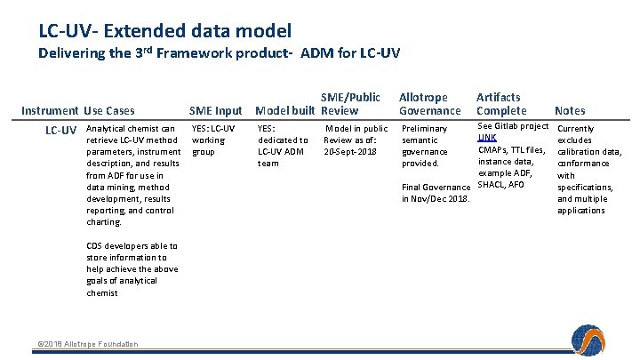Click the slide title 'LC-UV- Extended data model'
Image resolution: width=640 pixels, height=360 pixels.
pyautogui.click(x=164, y=32)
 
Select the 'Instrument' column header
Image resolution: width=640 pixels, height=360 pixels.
pyautogui.click(x=50, y=111)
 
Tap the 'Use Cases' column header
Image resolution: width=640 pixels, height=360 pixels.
pyautogui.click(x=109, y=111)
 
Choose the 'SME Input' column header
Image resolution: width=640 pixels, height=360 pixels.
pyautogui.click(x=216, y=111)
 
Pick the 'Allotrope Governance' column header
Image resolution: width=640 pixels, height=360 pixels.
pyautogui.click(x=430, y=104)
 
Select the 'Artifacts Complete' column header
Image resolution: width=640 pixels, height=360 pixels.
pyautogui.click(x=501, y=104)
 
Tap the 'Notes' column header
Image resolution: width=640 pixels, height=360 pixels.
pyautogui.click(x=570, y=111)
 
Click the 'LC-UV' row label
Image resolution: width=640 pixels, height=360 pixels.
pyautogui.click(x=60, y=131)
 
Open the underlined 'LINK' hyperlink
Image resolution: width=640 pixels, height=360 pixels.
pyautogui.click(x=487, y=138)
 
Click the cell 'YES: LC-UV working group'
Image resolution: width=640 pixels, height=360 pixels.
pyautogui.click(x=213, y=140)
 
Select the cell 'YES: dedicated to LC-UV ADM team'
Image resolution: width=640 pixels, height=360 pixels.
pyautogui.click(x=282, y=146)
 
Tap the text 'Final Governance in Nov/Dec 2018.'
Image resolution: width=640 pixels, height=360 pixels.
pyautogui.click(x=435, y=193)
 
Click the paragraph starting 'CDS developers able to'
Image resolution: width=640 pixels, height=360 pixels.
pyautogui.click(x=132, y=269)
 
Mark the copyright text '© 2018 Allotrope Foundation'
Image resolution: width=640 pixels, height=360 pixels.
pyautogui.click(x=84, y=344)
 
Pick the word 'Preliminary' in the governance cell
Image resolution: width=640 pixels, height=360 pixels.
pyautogui.click(x=425, y=129)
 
